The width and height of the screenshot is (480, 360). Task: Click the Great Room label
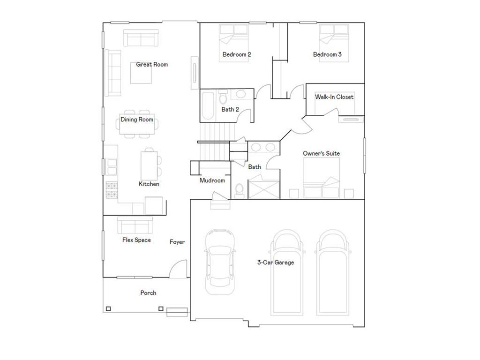(x=152, y=64)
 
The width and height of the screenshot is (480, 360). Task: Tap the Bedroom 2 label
(x=237, y=54)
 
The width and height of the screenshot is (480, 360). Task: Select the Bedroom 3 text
(x=327, y=54)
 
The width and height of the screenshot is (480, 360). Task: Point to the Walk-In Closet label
(x=334, y=97)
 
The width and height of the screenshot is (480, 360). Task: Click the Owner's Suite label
(x=321, y=153)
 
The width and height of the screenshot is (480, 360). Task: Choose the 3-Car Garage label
(x=276, y=262)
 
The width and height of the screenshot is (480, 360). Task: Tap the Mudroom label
(x=212, y=180)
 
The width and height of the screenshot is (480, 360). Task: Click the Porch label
(x=148, y=293)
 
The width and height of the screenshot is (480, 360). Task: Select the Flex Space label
(x=136, y=240)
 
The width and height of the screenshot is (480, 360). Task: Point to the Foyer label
(x=177, y=242)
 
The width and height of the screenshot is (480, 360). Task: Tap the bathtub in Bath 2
(x=208, y=106)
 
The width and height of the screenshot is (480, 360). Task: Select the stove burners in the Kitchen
(x=112, y=190)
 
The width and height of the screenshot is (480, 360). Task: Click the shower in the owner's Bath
(x=263, y=187)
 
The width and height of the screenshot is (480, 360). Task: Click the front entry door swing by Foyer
(x=179, y=269)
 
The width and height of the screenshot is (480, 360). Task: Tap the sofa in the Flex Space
(x=135, y=225)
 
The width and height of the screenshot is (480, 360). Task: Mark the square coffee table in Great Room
(x=141, y=72)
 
